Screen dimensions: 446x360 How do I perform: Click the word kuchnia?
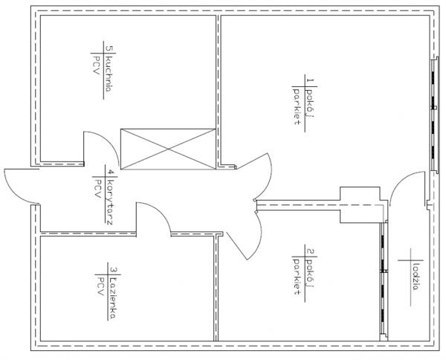pyautogui.click(x=109, y=74)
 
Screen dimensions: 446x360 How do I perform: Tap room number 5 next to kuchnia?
pyautogui.click(x=109, y=48)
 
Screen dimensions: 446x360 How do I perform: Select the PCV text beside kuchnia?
pyautogui.click(x=96, y=65)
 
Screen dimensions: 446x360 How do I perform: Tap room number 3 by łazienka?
pyautogui.click(x=112, y=270)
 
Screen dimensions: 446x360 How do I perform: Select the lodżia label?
pyautogui.click(x=416, y=277)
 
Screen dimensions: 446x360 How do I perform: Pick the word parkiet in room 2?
pyautogui.click(x=297, y=276)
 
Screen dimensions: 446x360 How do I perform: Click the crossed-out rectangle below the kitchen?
pyautogui.click(x=168, y=149)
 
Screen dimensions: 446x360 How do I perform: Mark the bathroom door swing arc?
pyautogui.click(x=162, y=213)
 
